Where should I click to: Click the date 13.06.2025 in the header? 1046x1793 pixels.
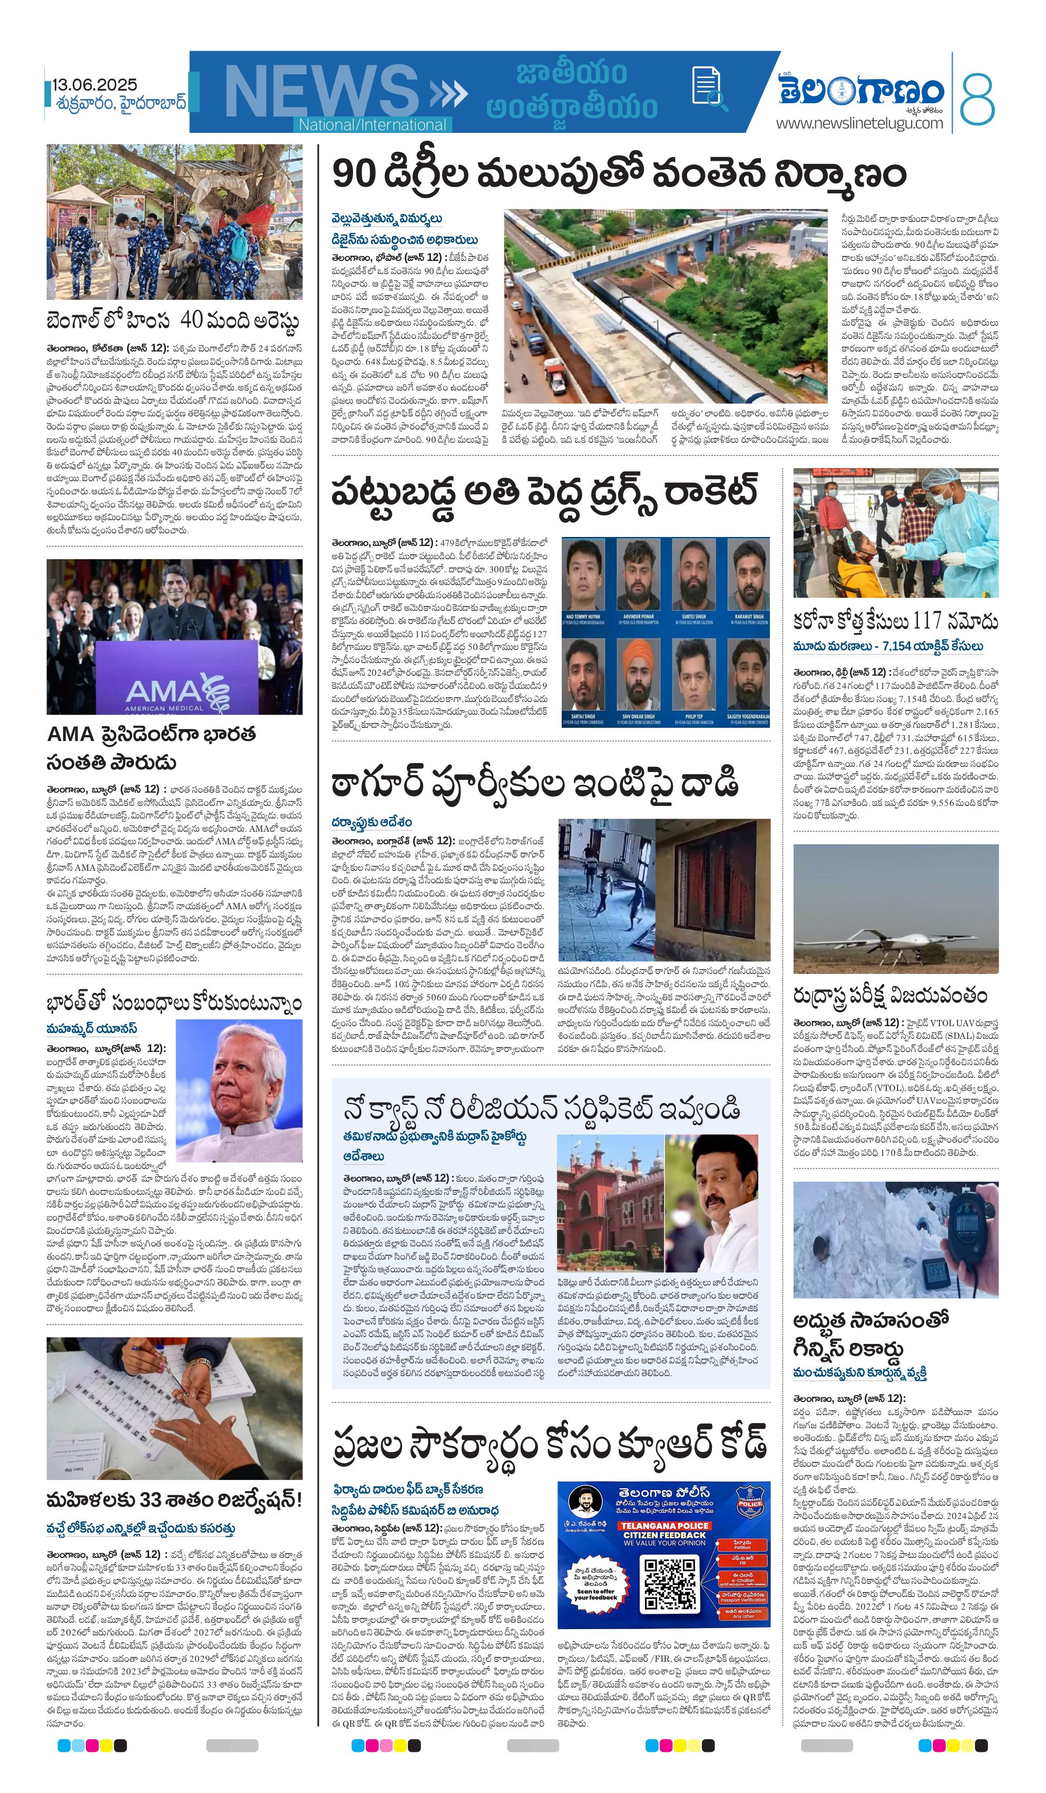coord(95,85)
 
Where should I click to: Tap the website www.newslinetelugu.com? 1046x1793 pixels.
coord(859,123)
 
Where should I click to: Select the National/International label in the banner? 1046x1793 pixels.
coord(372,124)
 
